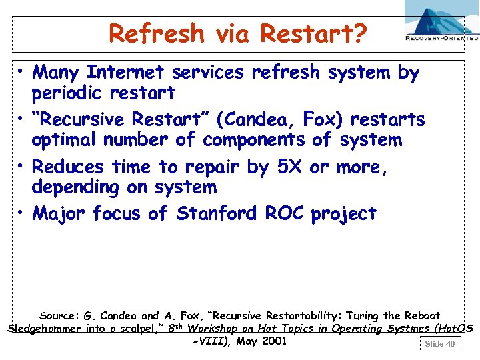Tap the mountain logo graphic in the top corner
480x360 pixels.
click(x=442, y=18)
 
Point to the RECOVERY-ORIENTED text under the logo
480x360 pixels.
click(x=442, y=39)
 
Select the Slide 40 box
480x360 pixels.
click(x=440, y=343)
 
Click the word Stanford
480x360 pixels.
click(x=217, y=214)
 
